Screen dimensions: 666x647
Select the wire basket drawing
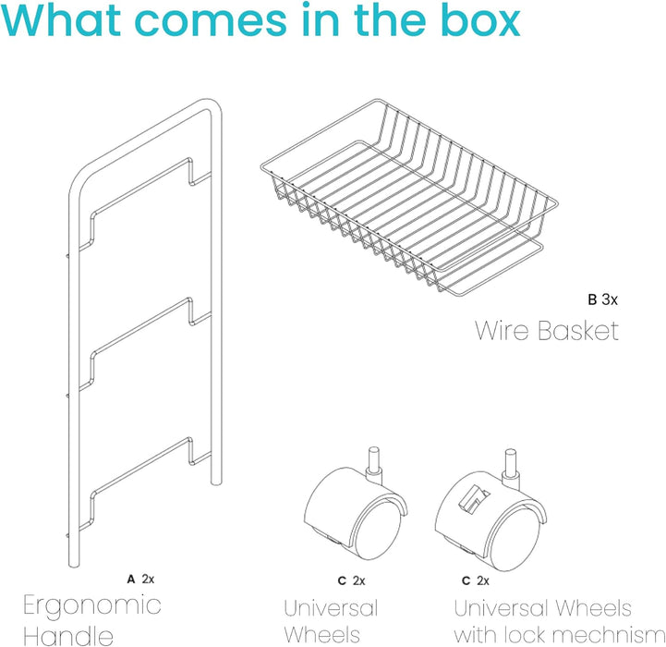409,197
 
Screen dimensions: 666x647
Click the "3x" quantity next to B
610,299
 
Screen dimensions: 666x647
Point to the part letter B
592,299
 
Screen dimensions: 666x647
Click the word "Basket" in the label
578,331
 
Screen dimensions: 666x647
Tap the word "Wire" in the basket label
503,331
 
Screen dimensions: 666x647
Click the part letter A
131,579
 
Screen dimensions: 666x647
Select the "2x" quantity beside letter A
148,579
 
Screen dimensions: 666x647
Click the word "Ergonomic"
92,606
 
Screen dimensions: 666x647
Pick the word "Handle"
68,636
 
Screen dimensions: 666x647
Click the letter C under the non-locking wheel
342,580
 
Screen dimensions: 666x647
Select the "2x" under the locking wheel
483,580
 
